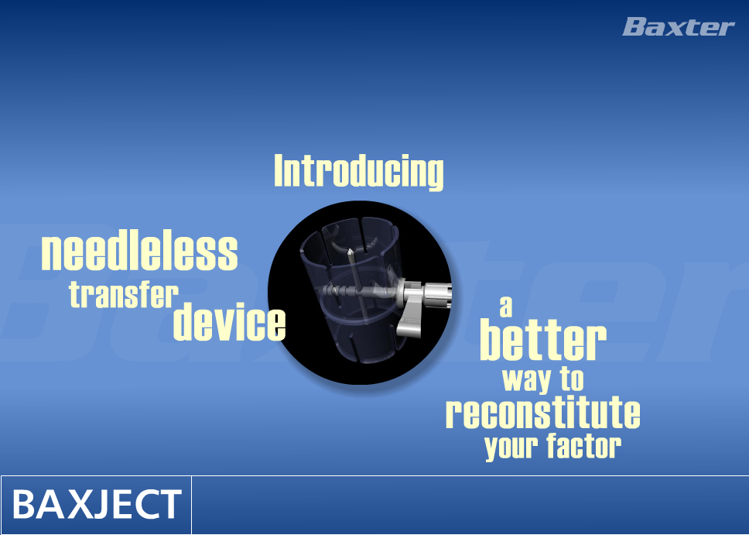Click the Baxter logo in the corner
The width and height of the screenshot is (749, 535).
click(x=679, y=27)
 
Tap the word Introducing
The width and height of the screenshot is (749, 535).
click(x=359, y=172)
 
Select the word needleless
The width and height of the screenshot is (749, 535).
click(x=139, y=252)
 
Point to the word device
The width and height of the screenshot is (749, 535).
click(x=229, y=321)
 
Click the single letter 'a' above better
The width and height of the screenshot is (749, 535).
click(x=506, y=307)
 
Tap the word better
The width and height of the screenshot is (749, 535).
click(x=543, y=341)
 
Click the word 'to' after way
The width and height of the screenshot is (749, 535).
click(x=573, y=379)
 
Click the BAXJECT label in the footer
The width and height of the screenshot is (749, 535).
click(x=97, y=504)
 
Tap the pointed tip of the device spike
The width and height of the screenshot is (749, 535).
click(x=351, y=251)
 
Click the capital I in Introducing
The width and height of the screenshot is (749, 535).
click(x=279, y=170)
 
